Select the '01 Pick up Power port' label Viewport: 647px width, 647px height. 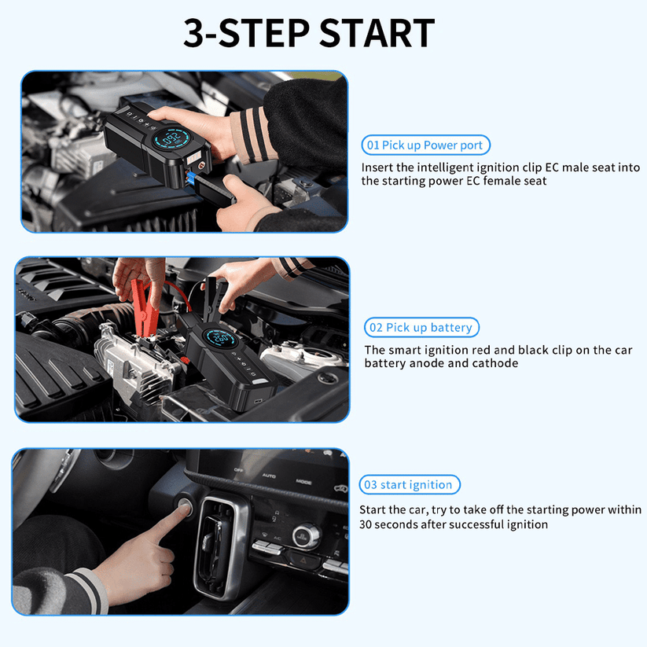tap(425, 145)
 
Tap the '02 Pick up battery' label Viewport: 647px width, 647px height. tap(421, 328)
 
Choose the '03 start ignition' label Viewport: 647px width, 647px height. tap(410, 485)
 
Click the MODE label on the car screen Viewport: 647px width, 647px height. tap(304, 481)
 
